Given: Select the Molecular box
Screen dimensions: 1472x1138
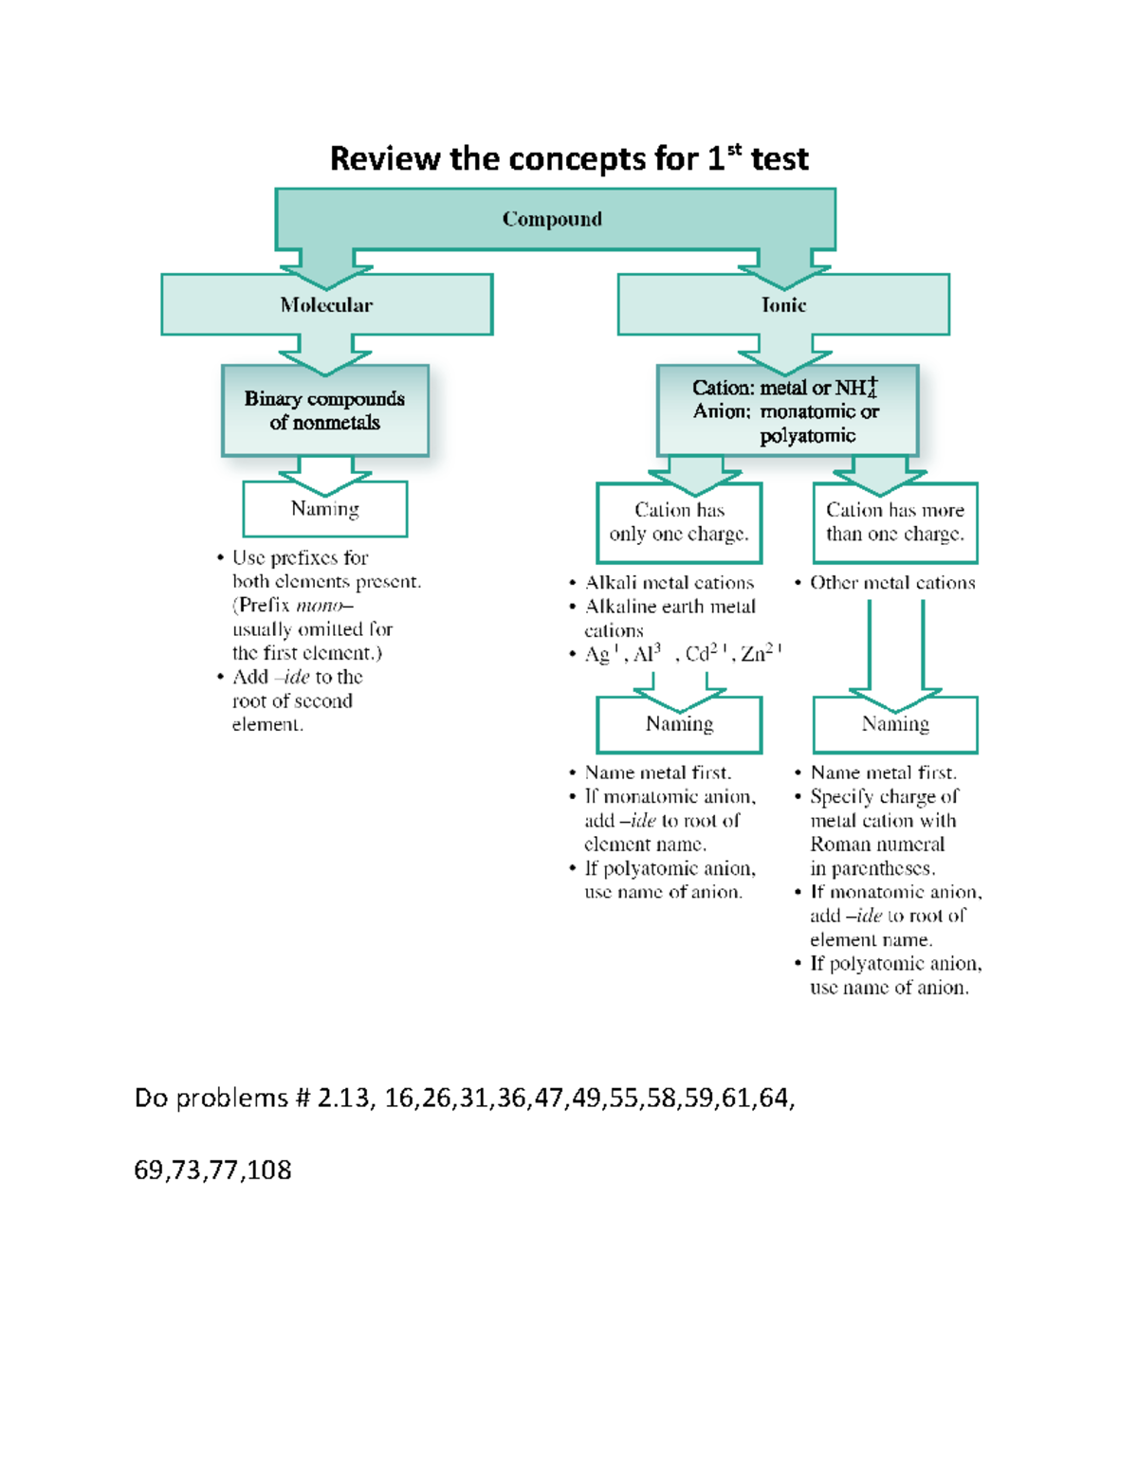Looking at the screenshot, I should (x=326, y=304).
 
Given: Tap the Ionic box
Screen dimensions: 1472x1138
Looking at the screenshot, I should (x=783, y=304).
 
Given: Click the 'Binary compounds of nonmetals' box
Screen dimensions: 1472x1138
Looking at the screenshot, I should (x=324, y=410).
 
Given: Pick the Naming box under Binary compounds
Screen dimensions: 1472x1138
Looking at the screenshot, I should (x=324, y=509).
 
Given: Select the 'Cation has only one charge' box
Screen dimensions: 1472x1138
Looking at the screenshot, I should (x=679, y=522).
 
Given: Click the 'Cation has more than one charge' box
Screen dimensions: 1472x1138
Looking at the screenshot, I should (x=894, y=522).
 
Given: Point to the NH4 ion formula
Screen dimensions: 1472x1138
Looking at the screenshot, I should (x=856, y=388).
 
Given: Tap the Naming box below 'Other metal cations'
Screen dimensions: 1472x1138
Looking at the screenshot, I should (x=894, y=724).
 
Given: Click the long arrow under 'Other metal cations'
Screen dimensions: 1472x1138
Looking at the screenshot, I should (x=895, y=654).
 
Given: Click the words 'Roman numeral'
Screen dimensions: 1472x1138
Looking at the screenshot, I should (x=877, y=845).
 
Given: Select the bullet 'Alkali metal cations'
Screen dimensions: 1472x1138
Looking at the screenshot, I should (x=670, y=583).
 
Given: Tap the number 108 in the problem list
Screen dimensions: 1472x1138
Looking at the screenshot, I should (x=269, y=1170).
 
